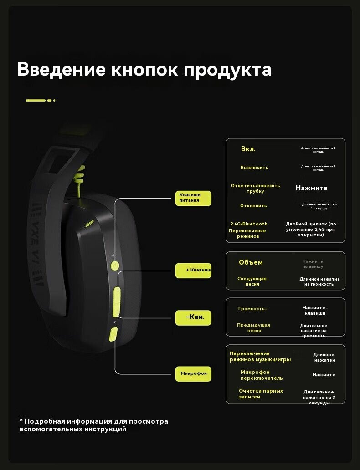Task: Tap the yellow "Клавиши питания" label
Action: click(193, 198)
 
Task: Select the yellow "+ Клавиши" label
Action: click(193, 270)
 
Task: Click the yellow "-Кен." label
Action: click(193, 317)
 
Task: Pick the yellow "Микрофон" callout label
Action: click(193, 373)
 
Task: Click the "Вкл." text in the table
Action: click(248, 149)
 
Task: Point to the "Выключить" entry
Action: click(254, 168)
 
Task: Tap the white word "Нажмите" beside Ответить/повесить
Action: click(311, 188)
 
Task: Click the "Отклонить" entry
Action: click(253, 206)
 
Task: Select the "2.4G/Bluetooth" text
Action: click(249, 224)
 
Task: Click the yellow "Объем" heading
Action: click(251, 262)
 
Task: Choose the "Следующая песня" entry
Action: click(252, 281)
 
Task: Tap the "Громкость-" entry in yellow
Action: click(252, 309)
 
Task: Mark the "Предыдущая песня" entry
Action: click(254, 327)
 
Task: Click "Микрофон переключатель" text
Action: click(261, 375)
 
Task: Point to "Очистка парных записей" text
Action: click(261, 393)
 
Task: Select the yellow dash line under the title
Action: click(40, 100)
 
